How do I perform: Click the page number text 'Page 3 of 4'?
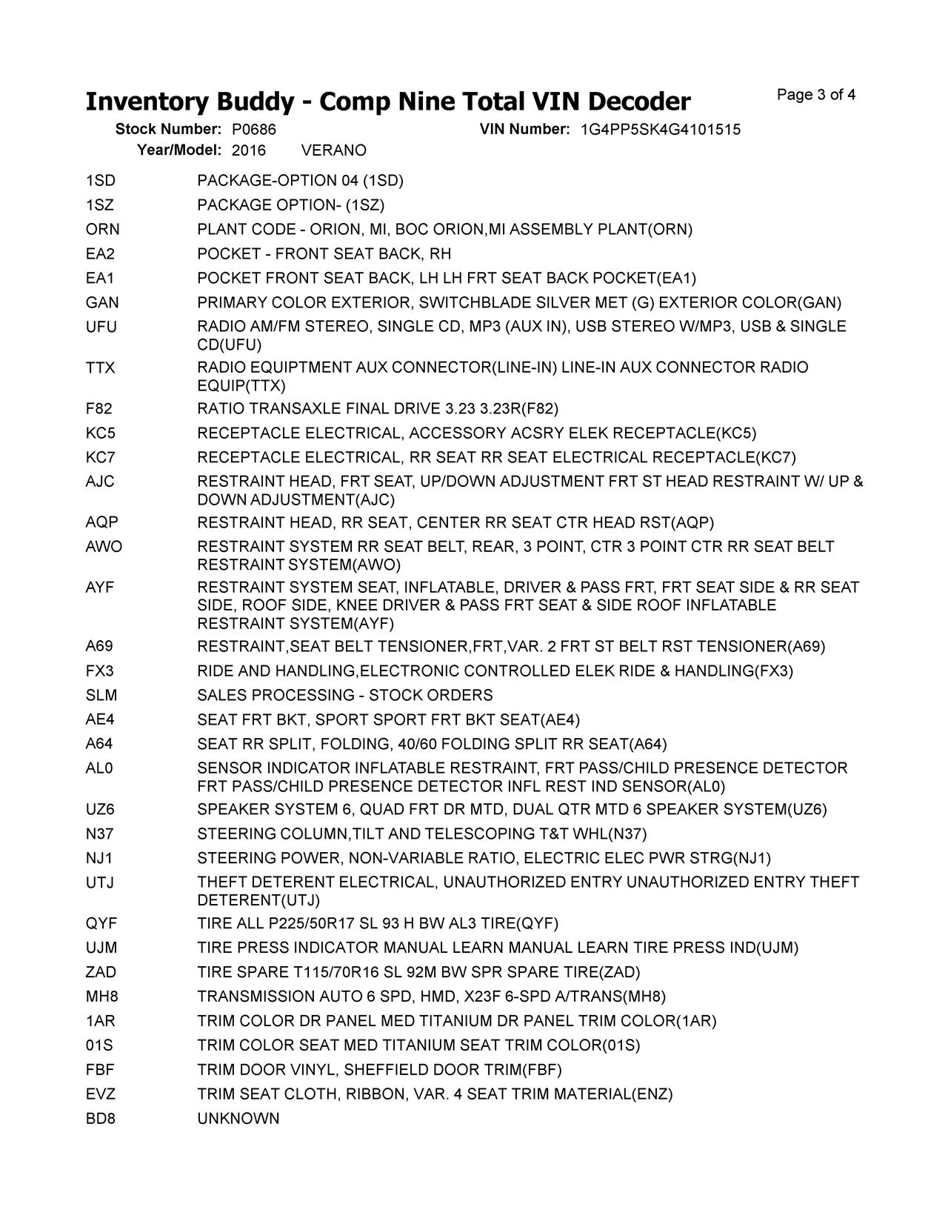816,95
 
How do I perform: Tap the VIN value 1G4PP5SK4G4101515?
660,130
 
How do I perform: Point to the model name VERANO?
334,150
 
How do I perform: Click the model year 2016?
248,150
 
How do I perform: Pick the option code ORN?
102,230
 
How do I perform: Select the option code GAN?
102,302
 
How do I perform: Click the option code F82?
99,409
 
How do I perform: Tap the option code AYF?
100,588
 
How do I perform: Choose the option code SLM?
101,696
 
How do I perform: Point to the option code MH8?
101,997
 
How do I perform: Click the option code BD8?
100,1119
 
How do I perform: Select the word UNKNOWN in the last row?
238,1119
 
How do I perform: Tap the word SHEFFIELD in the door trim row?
386,1070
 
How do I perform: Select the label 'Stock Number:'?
168,130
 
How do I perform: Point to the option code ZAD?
101,972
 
